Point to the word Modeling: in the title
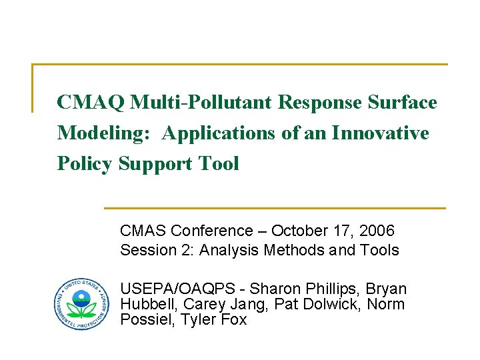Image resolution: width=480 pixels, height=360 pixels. tap(106, 133)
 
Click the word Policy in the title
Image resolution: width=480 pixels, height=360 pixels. tap(85, 164)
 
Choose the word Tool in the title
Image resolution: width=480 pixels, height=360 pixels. tap(217, 164)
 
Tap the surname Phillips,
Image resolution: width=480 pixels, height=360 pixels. tap(330, 289)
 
